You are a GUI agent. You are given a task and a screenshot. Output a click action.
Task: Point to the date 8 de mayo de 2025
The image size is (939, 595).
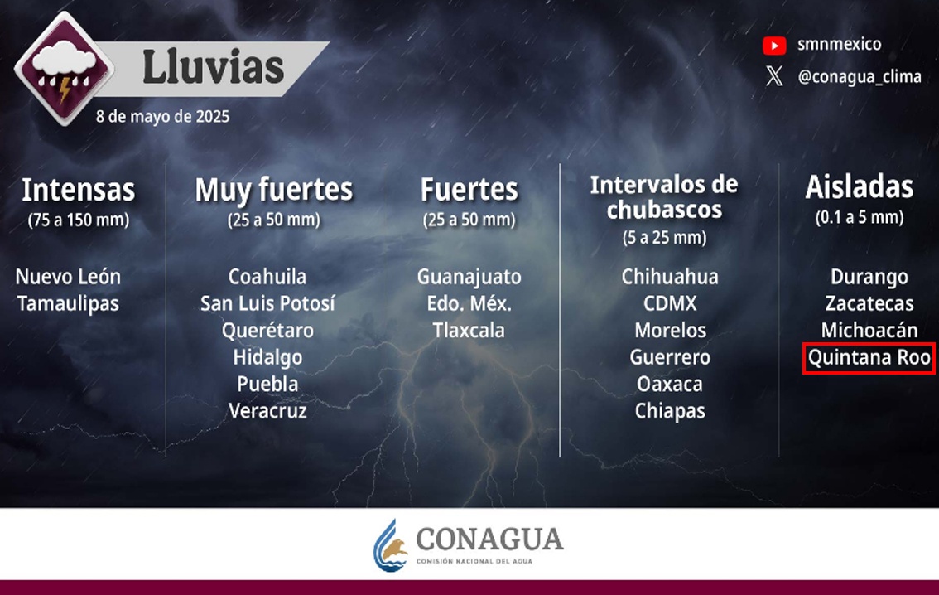coord(162,116)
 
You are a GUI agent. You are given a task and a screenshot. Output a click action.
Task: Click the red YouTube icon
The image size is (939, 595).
coord(774,46)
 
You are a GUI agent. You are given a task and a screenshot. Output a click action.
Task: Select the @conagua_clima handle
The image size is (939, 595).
coord(860,77)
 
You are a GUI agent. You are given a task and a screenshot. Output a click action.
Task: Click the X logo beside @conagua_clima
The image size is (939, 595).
coord(774,76)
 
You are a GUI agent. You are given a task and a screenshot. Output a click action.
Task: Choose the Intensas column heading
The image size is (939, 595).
coord(79,190)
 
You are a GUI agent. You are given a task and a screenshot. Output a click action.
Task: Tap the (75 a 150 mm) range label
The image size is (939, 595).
coord(79,220)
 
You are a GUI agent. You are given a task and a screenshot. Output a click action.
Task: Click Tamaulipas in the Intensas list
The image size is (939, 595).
coord(68,304)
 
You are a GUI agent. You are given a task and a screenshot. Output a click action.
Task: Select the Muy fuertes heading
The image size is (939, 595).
coord(274,190)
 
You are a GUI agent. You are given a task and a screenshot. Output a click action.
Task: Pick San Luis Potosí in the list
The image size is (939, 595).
coord(267,304)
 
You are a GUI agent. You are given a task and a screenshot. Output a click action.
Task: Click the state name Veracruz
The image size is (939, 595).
coord(267,411)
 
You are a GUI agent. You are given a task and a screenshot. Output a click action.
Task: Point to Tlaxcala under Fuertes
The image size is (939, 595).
coord(469,330)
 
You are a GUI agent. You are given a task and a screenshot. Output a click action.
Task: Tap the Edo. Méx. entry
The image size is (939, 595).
coord(469,304)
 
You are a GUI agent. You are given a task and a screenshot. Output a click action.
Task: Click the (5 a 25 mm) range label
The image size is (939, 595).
coord(664,238)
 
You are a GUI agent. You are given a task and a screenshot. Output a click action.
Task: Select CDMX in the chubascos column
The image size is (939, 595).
coord(670,304)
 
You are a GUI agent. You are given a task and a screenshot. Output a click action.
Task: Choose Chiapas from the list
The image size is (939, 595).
coord(670,411)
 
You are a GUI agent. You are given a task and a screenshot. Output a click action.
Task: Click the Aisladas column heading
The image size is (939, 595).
coord(860,187)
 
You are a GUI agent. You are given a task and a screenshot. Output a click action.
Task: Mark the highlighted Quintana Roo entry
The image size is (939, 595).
coord(869,358)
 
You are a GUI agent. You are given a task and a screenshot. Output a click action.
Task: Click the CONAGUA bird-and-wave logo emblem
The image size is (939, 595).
coord(390,546)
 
